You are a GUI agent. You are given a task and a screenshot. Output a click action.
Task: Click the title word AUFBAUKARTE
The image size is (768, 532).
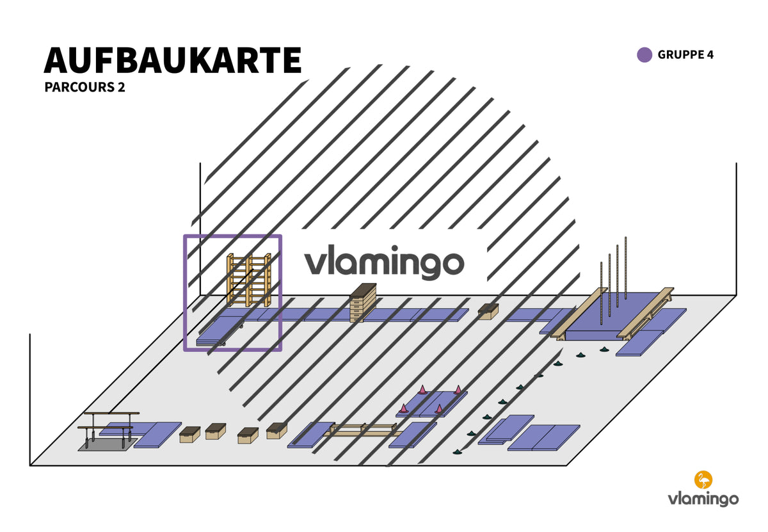pos(172,60)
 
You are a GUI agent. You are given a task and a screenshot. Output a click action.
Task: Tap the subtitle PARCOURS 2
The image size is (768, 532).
pos(84,87)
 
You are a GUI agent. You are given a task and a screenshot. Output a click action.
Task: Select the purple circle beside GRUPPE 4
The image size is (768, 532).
pos(644,55)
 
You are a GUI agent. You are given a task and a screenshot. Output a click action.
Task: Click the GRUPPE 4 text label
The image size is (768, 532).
pos(685,55)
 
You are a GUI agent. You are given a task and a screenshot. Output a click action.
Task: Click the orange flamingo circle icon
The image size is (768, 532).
pos(703,480)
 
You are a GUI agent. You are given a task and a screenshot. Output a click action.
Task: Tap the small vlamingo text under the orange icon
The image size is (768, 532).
pos(703,499)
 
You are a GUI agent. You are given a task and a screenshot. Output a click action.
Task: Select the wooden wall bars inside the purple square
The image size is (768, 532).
pos(249,280)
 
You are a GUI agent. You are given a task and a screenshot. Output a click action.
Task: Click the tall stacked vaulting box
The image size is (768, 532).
pos(363,303)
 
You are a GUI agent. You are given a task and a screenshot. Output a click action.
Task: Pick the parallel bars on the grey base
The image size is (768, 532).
pos(108,429)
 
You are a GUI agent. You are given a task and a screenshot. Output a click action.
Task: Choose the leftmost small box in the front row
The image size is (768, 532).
pos(189,435)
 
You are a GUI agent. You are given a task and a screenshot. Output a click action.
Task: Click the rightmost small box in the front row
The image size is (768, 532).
pos(276,431)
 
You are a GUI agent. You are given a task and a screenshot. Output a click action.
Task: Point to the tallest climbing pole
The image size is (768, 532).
pos(626,268)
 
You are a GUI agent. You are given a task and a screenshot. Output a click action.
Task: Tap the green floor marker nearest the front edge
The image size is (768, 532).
pos(456,453)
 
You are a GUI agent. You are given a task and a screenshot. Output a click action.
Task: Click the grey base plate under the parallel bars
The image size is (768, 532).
pos(108,444)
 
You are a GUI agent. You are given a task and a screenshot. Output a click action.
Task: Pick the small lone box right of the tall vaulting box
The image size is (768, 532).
pos(488,312)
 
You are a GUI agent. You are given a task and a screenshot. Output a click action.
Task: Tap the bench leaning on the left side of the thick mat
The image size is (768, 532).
pos(579,314)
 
